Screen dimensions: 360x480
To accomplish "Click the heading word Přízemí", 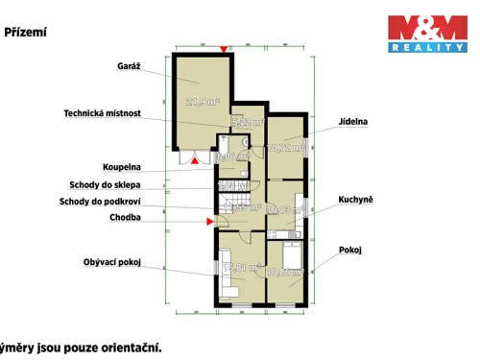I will pyautogui.click(x=26, y=32).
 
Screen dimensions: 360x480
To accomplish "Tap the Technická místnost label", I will pyautogui.click(x=103, y=113).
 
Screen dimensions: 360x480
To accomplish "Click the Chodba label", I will pyautogui.click(x=125, y=218).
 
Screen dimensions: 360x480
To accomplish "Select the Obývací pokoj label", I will pyautogui.click(x=112, y=262).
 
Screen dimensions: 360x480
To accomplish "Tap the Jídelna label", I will pyautogui.click(x=354, y=123).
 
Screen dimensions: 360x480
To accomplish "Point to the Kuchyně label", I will pyautogui.click(x=354, y=200).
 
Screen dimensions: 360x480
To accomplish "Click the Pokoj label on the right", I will pyautogui.click(x=350, y=249).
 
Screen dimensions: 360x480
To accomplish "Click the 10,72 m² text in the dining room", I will pyautogui.click(x=286, y=148).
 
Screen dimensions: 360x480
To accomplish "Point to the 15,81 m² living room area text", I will pyautogui.click(x=239, y=268).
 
